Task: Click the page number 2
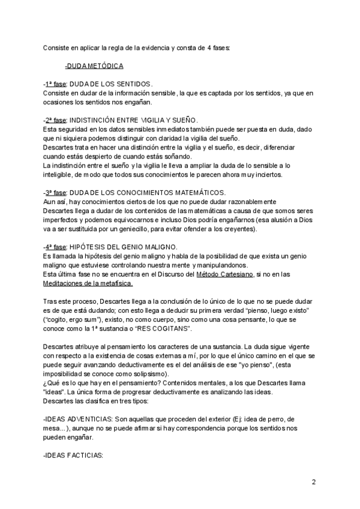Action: pos(314,482)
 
